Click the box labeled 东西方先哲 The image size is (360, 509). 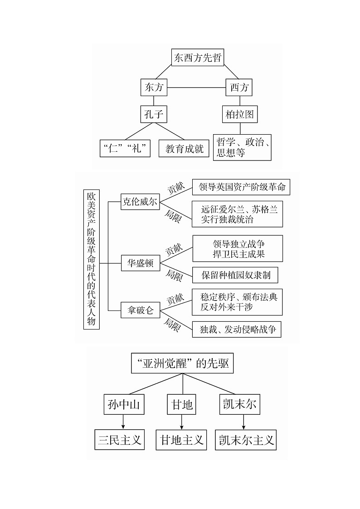click(198, 58)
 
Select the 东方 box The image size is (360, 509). click(154, 87)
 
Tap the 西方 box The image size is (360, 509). click(239, 87)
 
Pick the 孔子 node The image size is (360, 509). click(154, 114)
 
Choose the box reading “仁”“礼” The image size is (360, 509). click(125, 148)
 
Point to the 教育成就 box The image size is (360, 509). click(184, 148)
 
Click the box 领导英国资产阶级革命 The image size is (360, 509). click(241, 187)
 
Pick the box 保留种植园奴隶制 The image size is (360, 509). click(235, 275)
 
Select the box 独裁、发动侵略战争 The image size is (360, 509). click(237, 329)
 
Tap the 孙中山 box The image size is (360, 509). click(124, 404)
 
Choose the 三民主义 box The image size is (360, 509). click(120, 440)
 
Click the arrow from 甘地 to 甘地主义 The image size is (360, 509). click(182, 422)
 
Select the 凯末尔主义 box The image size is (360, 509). click(245, 440)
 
